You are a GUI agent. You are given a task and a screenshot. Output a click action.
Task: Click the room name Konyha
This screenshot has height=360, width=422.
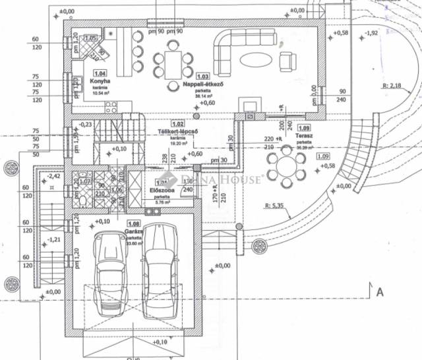click(100, 82)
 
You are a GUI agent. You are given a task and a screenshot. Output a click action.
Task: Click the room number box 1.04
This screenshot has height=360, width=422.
click(100, 73)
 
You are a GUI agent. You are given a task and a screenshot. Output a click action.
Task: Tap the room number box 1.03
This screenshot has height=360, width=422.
click(203, 76)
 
